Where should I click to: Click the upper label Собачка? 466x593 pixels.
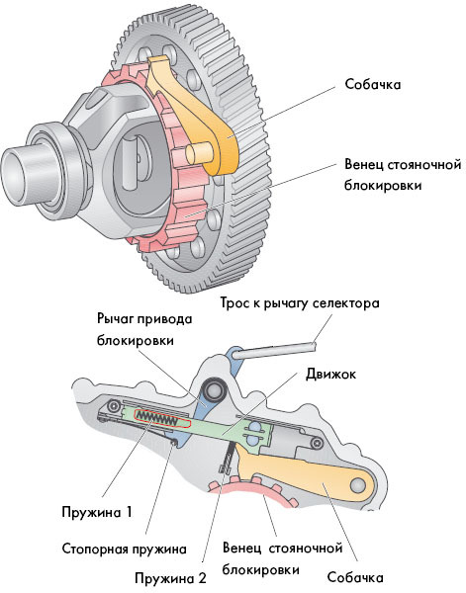click(372, 84)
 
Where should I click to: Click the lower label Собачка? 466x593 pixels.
click(355, 577)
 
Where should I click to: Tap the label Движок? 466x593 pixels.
click(330, 374)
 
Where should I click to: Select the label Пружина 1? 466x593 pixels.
click(97, 512)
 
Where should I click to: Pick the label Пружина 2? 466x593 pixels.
click(171, 578)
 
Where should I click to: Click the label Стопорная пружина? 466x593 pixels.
click(124, 549)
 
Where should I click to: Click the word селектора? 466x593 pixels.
click(346, 303)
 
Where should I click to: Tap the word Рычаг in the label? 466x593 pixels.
click(115, 319)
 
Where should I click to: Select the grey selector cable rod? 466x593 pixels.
click(275, 348)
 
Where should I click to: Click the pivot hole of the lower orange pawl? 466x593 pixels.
click(358, 484)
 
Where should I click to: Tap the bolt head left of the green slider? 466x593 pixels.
click(113, 406)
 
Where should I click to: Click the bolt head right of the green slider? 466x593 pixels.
click(317, 442)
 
